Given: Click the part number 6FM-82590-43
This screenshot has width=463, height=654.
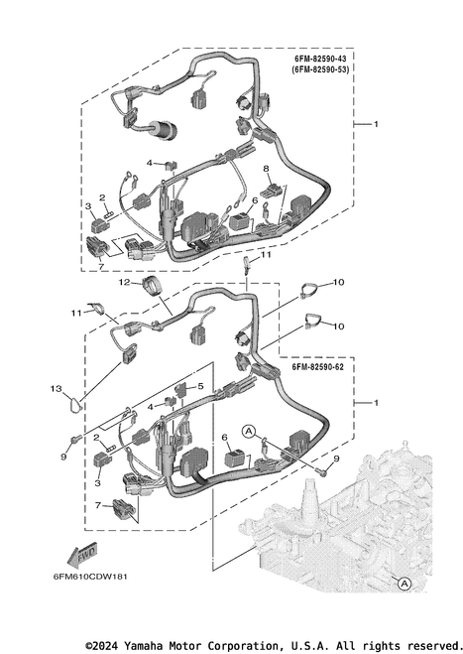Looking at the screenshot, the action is pyautogui.click(x=320, y=60).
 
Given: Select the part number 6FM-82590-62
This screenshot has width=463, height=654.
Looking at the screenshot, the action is pyautogui.click(x=317, y=367).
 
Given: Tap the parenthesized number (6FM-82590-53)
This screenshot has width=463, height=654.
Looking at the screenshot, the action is pyautogui.click(x=320, y=69).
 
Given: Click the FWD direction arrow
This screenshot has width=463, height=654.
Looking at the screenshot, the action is pyautogui.click(x=82, y=555).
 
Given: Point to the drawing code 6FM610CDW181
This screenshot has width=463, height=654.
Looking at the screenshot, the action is pyautogui.click(x=90, y=577).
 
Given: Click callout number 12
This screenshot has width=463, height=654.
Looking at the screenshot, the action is pyautogui.click(x=125, y=283).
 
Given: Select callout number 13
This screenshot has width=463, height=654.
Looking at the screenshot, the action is pyautogui.click(x=57, y=389).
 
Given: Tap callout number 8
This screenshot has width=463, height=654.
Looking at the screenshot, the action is pyautogui.click(x=266, y=168).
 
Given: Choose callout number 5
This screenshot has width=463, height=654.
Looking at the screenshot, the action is pyautogui.click(x=200, y=386).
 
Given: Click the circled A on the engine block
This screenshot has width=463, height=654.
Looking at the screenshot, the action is pyautogui.click(x=404, y=584).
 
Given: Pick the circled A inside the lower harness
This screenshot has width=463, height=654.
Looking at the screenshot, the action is pyautogui.click(x=249, y=431).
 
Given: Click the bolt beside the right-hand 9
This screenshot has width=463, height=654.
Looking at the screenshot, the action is pyautogui.click(x=321, y=471).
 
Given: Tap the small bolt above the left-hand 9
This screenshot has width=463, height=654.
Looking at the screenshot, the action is pyautogui.click(x=74, y=439).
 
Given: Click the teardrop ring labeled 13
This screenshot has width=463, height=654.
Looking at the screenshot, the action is pyautogui.click(x=75, y=405).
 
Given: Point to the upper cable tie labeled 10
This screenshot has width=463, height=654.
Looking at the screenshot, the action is pyautogui.click(x=308, y=290).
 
